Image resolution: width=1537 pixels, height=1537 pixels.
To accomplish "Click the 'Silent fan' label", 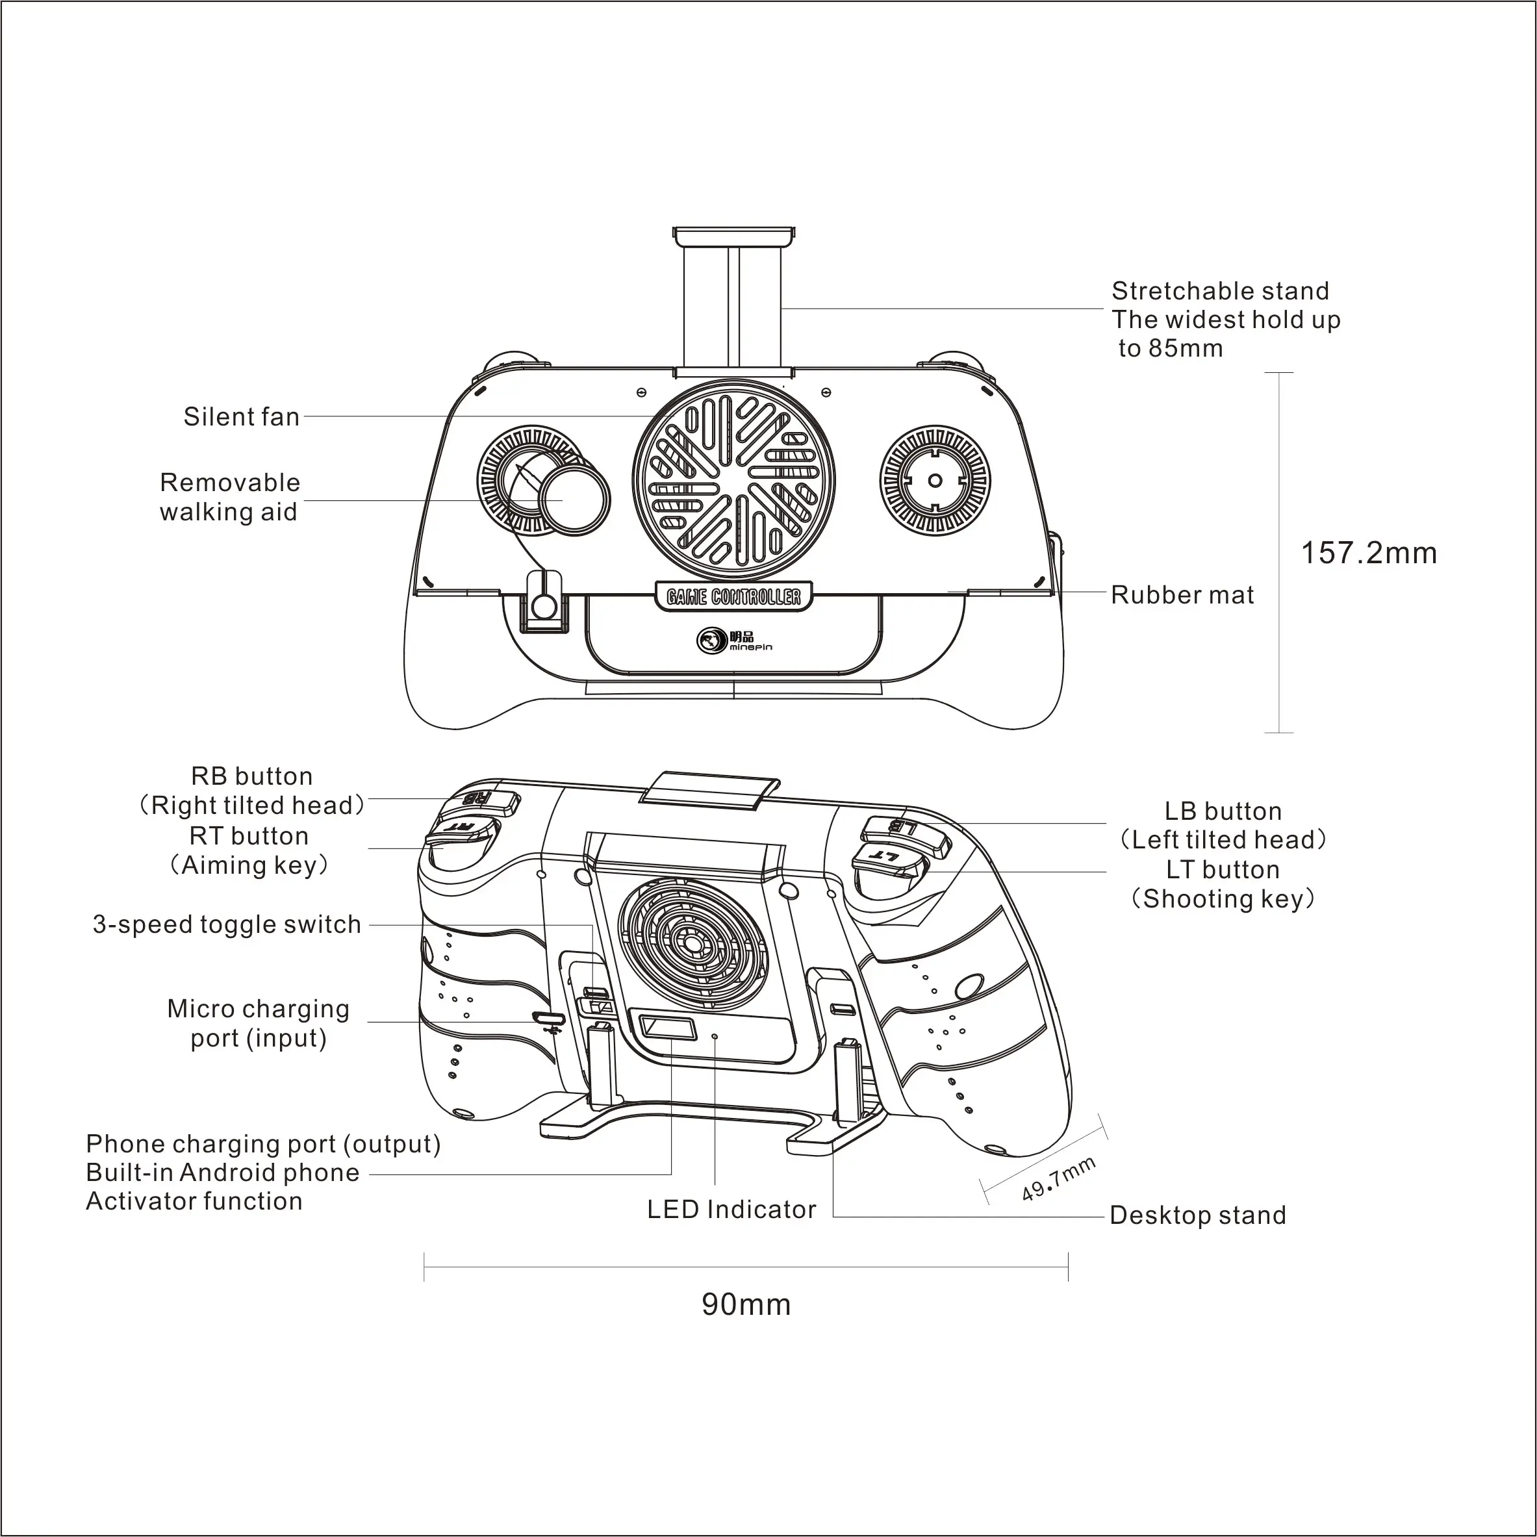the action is pos(242,416).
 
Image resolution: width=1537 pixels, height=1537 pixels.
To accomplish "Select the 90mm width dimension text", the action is pos(746,1304).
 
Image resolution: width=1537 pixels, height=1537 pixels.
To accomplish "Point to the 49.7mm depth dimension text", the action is pos(1058,1179).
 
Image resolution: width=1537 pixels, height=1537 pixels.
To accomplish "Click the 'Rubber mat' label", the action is pos(1182,594).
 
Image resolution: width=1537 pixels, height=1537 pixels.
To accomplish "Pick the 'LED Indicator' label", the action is pos(731,1209).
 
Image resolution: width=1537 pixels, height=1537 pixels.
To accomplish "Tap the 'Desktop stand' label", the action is pos(1197,1215).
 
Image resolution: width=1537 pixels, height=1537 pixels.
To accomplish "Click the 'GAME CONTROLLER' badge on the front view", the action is pos(733,596).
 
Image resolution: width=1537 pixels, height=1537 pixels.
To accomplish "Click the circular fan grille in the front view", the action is pos(734,479).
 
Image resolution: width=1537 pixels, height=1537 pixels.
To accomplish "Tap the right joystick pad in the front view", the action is pos(935,479).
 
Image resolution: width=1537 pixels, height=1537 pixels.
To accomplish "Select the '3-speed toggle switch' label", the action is pos(227,924).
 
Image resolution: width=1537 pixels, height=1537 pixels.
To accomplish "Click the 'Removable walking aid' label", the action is pos(229,496).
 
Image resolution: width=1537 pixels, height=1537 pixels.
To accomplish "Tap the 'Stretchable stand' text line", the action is pos(1221,290).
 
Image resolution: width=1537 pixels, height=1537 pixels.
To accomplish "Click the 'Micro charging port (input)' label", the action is pos(259,1023).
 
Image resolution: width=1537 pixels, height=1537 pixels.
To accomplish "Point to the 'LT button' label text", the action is pos(1223,870).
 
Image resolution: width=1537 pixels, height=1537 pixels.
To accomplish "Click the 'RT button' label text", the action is pos(249,835).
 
